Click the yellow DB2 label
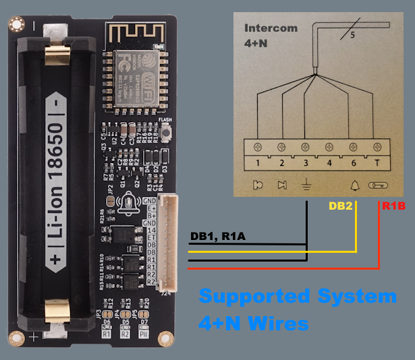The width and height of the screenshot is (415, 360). coord(340,206)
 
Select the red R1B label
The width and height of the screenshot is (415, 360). coord(393,206)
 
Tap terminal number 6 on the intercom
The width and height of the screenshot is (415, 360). coord(354,162)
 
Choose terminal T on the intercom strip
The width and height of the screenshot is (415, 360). coord(377,162)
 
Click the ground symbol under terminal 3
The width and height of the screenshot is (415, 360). coord(305,184)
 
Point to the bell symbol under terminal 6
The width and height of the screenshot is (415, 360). coord(354,184)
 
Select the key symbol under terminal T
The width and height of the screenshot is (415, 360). coord(377,184)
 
